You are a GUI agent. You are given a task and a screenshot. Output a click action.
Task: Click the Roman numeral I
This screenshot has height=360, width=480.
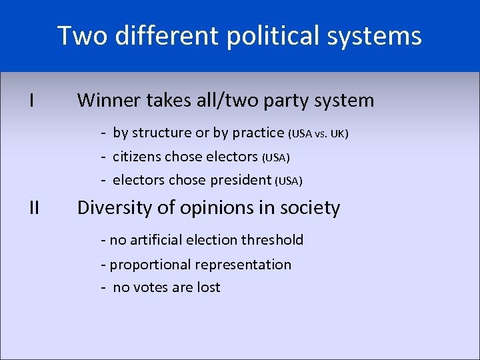(x=32, y=101)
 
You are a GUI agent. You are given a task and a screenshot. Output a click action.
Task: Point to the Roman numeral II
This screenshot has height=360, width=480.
(x=34, y=208)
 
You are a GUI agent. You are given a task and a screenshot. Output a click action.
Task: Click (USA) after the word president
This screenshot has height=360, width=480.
(x=289, y=181)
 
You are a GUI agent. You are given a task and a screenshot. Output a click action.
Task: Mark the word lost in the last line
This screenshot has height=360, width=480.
(x=207, y=287)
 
